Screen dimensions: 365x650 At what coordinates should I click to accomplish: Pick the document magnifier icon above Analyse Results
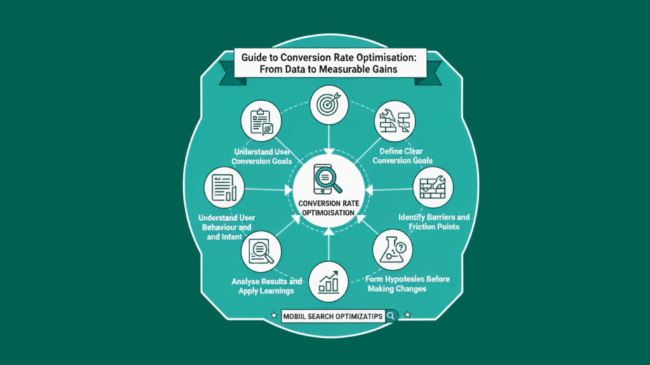pos(261,251)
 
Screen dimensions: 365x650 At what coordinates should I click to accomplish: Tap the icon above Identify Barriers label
pos(432,186)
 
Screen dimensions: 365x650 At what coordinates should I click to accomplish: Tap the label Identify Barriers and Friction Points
pos(434,222)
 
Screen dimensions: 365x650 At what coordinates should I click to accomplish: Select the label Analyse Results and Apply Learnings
pos(261,285)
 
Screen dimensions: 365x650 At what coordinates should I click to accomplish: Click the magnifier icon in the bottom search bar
pos(391,315)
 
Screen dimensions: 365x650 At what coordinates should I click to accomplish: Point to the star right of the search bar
pos(407,314)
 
